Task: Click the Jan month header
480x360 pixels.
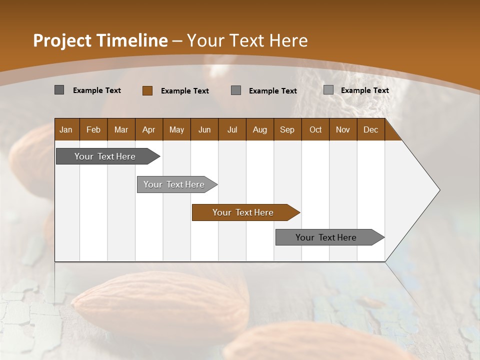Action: point(66,130)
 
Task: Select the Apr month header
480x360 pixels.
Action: point(148,130)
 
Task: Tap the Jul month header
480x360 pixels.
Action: point(232,130)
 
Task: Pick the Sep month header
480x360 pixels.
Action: point(287,130)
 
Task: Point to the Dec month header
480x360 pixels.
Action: point(370,130)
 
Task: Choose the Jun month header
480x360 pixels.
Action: point(204,130)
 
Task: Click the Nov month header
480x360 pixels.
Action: point(342,130)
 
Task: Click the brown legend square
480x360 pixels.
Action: point(147,90)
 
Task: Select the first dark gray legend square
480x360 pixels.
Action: point(59,90)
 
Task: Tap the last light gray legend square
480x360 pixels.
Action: point(328,90)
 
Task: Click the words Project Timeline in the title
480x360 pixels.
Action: point(100,40)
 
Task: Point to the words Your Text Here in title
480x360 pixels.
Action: point(247,40)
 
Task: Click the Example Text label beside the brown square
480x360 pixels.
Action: point(184,91)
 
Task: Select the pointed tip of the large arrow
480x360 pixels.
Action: point(438,190)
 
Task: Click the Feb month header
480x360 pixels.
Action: point(93,130)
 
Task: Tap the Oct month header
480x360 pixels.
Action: point(315,130)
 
